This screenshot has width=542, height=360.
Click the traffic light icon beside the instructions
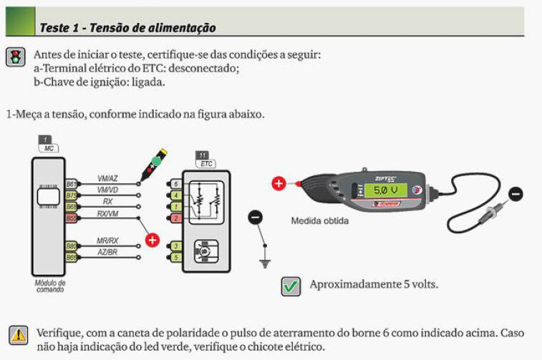click(x=14, y=58)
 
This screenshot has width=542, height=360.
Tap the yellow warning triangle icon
click(x=17, y=334)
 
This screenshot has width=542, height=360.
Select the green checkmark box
click(x=291, y=286)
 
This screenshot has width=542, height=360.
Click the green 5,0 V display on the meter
click(x=385, y=191)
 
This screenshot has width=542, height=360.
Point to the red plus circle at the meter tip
click(x=279, y=184)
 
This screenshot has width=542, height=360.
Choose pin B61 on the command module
click(x=72, y=184)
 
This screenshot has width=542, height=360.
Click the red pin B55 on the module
click(x=72, y=217)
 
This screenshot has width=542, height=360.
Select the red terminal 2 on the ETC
click(x=176, y=217)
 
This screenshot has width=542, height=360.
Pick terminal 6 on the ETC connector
click(x=176, y=184)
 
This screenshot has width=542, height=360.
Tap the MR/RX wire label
click(x=107, y=242)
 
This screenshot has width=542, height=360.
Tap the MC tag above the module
click(x=47, y=143)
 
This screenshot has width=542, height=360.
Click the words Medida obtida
click(x=320, y=220)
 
